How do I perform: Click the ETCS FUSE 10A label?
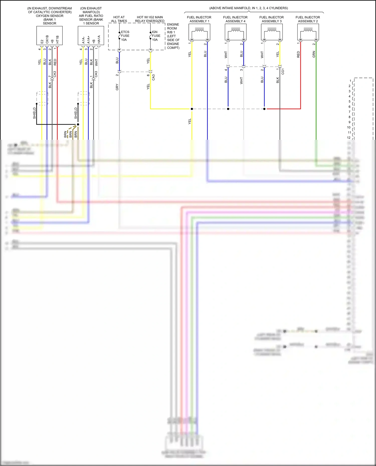[125, 36]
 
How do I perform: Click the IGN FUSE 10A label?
[156, 36]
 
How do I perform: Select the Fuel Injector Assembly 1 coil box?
[199, 32]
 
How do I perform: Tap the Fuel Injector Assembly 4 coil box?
[235, 32]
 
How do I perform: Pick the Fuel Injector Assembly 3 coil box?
[272, 32]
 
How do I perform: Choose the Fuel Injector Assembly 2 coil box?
[308, 32]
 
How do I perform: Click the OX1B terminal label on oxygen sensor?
[47, 39]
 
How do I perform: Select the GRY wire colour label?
[117, 87]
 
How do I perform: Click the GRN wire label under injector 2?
[314, 54]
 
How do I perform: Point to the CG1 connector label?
[283, 71]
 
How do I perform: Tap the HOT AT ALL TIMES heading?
[119, 19]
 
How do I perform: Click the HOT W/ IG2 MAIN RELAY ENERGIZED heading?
[150, 19]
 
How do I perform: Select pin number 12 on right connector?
[349, 137]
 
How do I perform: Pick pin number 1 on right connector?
[350, 81]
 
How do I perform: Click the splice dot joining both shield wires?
[78, 124]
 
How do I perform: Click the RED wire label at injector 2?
[298, 54]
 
